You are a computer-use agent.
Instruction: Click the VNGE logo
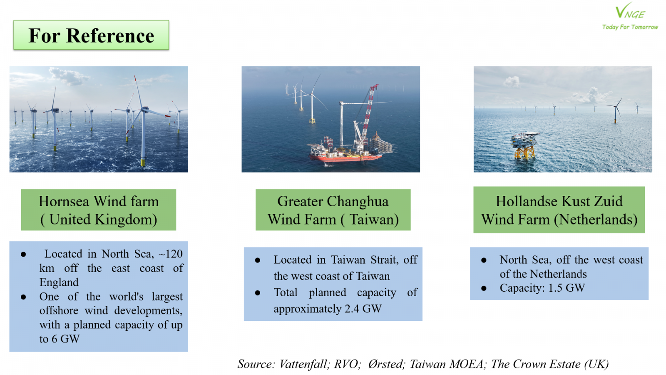coord(630,11)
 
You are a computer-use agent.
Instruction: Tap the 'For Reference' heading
coord(91,35)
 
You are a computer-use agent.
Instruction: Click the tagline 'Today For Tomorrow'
coord(630,27)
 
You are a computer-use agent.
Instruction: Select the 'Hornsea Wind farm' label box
coord(98,210)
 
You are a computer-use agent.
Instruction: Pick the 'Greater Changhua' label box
coord(333,210)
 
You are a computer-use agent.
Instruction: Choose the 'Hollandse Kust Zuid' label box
coord(559,210)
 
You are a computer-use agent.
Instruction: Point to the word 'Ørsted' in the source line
coord(386,364)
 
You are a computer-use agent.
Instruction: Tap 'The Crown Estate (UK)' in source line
coord(550,364)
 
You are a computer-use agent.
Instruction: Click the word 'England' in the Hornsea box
coord(59,282)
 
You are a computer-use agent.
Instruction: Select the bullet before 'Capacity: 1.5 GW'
coord(484,288)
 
